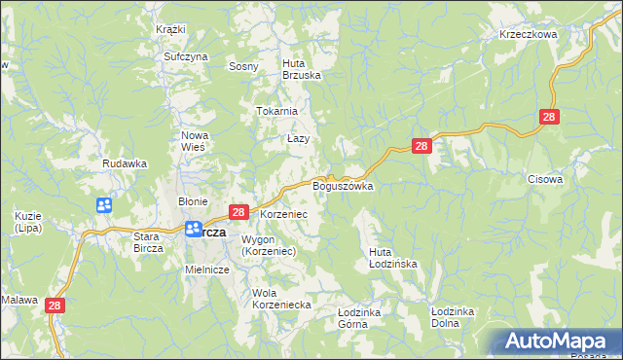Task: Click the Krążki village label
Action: click(170, 29)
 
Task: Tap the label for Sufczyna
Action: click(186, 57)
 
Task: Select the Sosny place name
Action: click(242, 67)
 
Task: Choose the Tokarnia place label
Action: click(276, 111)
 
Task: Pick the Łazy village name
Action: click(298, 139)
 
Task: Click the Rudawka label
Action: click(125, 164)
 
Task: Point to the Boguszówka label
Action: click(343, 186)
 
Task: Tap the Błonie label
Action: click(191, 201)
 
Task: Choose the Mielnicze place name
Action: click(206, 270)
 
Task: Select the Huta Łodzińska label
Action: click(393, 258)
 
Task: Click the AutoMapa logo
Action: click(558, 342)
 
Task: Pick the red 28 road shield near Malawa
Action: click(55, 306)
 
